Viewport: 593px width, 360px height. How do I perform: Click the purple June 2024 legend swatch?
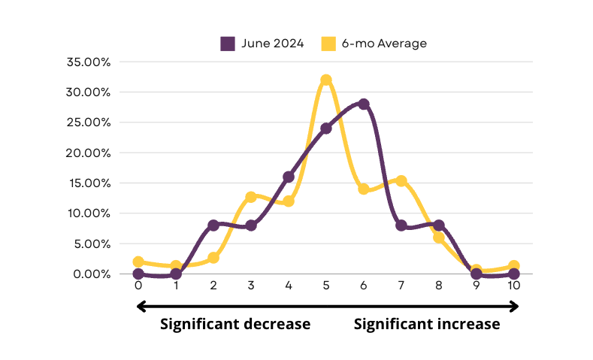(228, 44)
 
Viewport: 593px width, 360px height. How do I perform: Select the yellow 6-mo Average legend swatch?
(328, 44)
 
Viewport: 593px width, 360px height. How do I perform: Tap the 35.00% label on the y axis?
(89, 62)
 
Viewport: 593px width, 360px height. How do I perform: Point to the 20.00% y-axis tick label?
(88, 153)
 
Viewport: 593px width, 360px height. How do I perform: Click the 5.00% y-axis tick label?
(92, 244)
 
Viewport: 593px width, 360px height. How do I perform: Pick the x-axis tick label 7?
(401, 285)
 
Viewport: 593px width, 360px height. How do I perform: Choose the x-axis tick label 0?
(138, 285)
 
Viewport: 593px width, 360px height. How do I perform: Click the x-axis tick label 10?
(513, 285)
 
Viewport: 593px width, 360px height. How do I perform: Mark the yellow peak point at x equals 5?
(326, 80)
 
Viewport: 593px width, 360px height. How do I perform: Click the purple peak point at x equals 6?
(364, 104)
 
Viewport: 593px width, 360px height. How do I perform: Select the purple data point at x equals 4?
(289, 177)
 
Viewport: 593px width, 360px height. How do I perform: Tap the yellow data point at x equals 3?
(251, 197)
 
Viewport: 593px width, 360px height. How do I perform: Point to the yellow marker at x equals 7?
(401, 181)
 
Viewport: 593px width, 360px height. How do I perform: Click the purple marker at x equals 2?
(213, 225)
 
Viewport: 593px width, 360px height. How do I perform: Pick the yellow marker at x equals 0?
(138, 262)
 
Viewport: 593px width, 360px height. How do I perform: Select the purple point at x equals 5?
(326, 129)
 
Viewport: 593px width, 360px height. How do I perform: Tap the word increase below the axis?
(467, 324)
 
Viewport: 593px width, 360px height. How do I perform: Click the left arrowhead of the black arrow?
(141, 307)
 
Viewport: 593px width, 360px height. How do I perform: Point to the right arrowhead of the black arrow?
(514, 307)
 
